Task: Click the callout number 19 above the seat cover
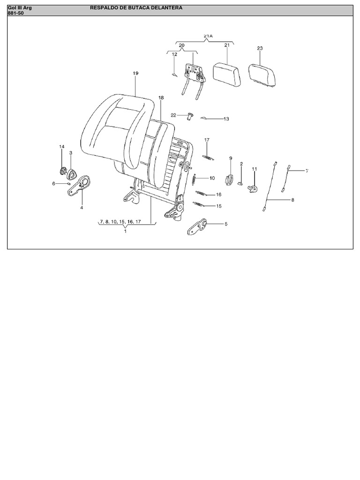click(x=135, y=73)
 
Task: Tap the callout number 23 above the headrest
click(x=260, y=48)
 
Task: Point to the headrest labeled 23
click(x=263, y=75)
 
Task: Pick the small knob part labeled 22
click(x=190, y=116)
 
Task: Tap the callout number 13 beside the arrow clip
click(x=226, y=119)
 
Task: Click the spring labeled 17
click(x=208, y=157)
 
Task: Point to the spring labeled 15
click(x=199, y=204)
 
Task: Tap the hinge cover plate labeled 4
click(x=79, y=186)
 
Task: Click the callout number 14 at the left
click(x=62, y=147)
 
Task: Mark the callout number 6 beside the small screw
click(x=53, y=183)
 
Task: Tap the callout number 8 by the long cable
click(x=292, y=200)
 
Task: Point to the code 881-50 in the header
click(x=15, y=13)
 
